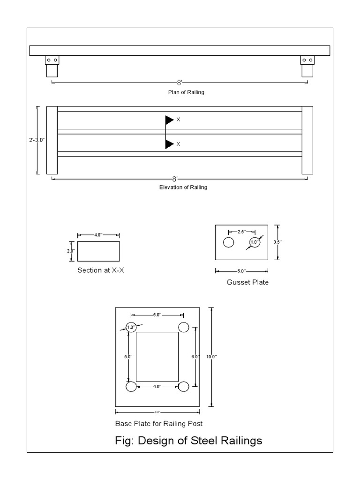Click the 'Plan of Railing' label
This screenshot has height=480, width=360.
click(x=186, y=92)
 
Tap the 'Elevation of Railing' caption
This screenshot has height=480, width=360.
click(x=183, y=187)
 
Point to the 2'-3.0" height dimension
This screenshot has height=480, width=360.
click(x=37, y=140)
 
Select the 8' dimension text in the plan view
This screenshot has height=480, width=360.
click(x=180, y=82)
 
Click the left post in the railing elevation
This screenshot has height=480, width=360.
click(x=52, y=140)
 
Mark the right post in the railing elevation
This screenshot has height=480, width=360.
click(x=307, y=140)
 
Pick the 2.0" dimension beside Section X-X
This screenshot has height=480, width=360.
click(x=71, y=251)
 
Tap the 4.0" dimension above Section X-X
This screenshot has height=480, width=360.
click(x=98, y=235)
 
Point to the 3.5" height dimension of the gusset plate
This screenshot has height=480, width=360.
click(x=277, y=242)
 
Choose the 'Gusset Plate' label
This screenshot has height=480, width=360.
click(x=247, y=282)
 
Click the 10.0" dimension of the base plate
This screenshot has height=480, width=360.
click(x=211, y=357)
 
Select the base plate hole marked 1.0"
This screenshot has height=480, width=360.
click(x=131, y=328)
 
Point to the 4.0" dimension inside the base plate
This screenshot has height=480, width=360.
click(x=157, y=386)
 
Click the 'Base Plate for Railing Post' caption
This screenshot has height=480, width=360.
click(x=159, y=424)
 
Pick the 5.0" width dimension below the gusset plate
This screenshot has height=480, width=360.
click(x=241, y=271)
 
